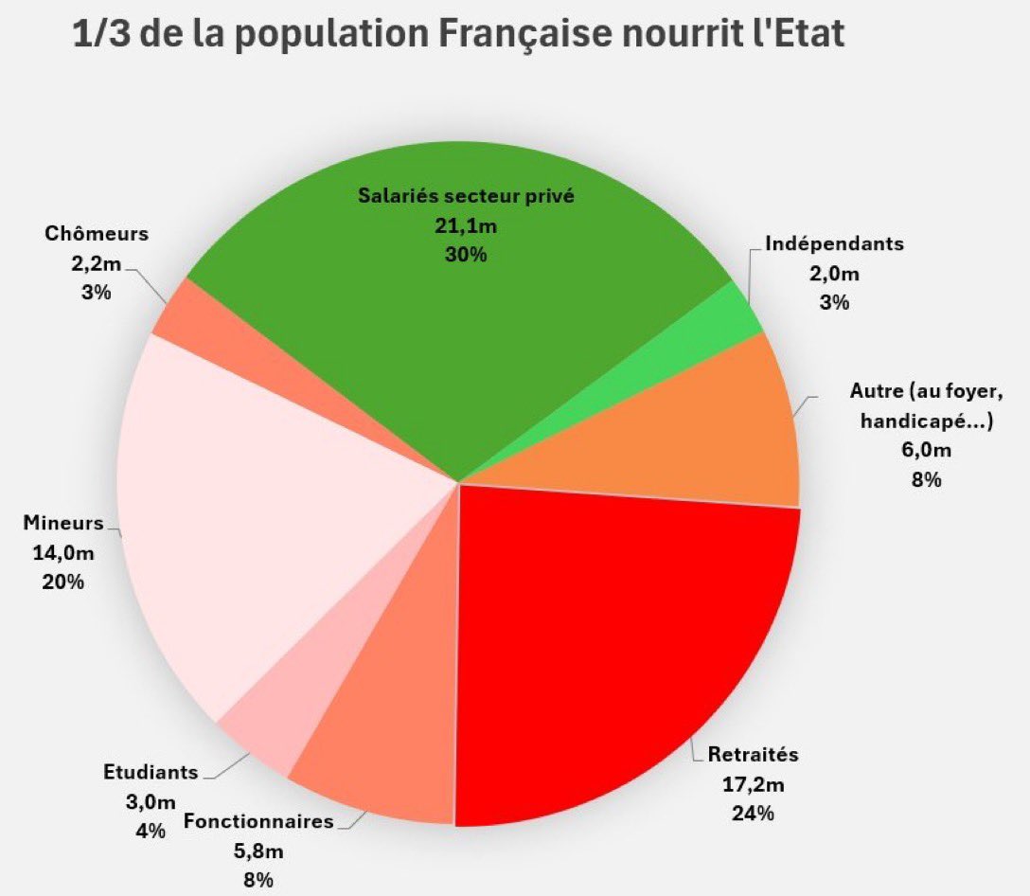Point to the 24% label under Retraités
[x=754, y=813]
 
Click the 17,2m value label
[x=754, y=784]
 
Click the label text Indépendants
[x=834, y=243]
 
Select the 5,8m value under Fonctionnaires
[x=258, y=851]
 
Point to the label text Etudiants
[x=151, y=772]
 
